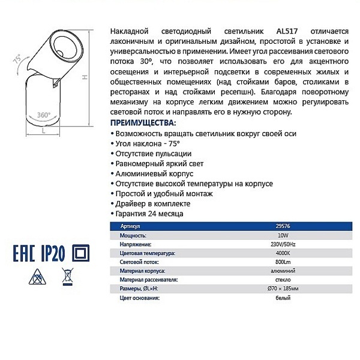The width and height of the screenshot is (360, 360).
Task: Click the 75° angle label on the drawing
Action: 17,59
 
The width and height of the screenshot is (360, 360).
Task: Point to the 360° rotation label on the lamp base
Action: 43,114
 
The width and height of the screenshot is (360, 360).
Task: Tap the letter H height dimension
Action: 86,77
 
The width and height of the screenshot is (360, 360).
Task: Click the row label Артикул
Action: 130,227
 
